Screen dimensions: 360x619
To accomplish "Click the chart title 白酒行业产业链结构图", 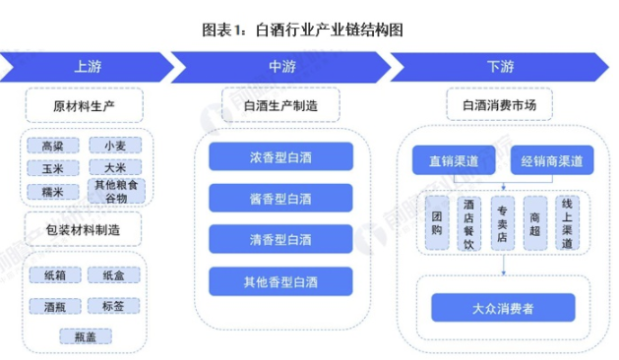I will (x=309, y=30).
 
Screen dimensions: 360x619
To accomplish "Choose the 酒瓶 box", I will (x=53, y=306).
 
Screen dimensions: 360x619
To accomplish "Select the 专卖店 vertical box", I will (x=501, y=222).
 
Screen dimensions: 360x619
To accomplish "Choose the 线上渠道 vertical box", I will (x=566, y=222).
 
